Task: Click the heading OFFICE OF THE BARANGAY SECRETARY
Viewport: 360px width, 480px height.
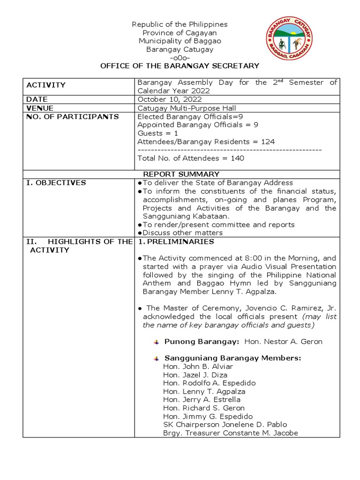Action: [x=180, y=66]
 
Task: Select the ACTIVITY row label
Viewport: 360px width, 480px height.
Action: [x=46, y=85]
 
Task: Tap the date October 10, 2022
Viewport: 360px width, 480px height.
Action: [x=169, y=99]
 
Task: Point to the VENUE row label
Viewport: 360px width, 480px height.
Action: [x=40, y=108]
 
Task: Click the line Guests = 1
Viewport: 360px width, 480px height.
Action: [x=157, y=133]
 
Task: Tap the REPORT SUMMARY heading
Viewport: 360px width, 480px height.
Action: [x=181, y=174]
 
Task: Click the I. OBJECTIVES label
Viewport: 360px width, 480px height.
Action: [x=56, y=183]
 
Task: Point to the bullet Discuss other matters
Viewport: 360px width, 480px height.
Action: [x=182, y=232]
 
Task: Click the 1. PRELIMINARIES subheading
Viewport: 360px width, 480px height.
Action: [x=176, y=241]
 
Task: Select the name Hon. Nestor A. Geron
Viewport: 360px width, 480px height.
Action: [x=283, y=342]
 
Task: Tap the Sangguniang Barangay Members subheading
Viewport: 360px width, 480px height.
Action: [x=232, y=358]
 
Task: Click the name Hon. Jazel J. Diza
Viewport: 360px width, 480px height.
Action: [x=195, y=375]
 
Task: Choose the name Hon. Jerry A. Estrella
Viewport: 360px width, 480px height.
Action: [x=202, y=400]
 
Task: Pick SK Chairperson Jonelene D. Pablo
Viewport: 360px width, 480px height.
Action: [x=225, y=425]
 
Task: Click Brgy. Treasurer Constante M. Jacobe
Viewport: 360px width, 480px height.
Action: [x=230, y=433]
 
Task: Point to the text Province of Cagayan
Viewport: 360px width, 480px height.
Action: [x=180, y=33]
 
